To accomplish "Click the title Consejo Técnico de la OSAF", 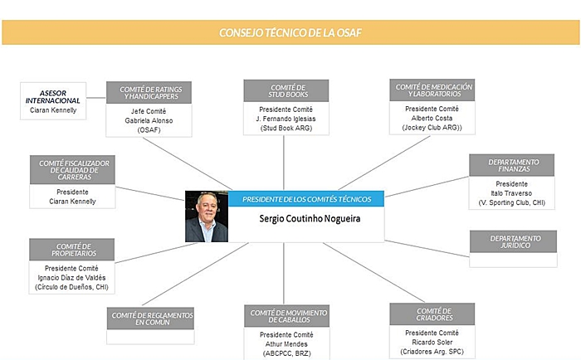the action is pos(290,33).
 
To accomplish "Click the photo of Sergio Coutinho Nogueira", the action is pos(207,216).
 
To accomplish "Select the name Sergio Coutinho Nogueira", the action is pos(310,218).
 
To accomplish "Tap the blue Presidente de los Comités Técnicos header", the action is pos(306,199).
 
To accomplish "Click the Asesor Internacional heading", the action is pos(53,97).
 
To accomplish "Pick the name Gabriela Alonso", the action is pos(149,121).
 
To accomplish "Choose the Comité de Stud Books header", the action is pos(286,90).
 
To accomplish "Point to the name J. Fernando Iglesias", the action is pos(286,119).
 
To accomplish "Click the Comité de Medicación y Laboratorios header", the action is pos(432,90).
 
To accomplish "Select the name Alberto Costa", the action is pos(432,118).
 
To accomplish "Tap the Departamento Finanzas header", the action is pos(512,165).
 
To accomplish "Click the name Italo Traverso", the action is pos(511,193).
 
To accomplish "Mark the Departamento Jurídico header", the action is pos(513,241).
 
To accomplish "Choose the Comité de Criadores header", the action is pos(432,314).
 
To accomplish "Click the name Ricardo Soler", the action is pos(432,343).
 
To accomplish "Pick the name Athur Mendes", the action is pos(286,344).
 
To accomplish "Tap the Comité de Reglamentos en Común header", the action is pos(150,319).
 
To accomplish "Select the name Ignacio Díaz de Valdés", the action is pos(71,278).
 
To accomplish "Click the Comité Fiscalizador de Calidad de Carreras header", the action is pos(73,170).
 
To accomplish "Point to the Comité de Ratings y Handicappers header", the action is pos(149,93).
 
